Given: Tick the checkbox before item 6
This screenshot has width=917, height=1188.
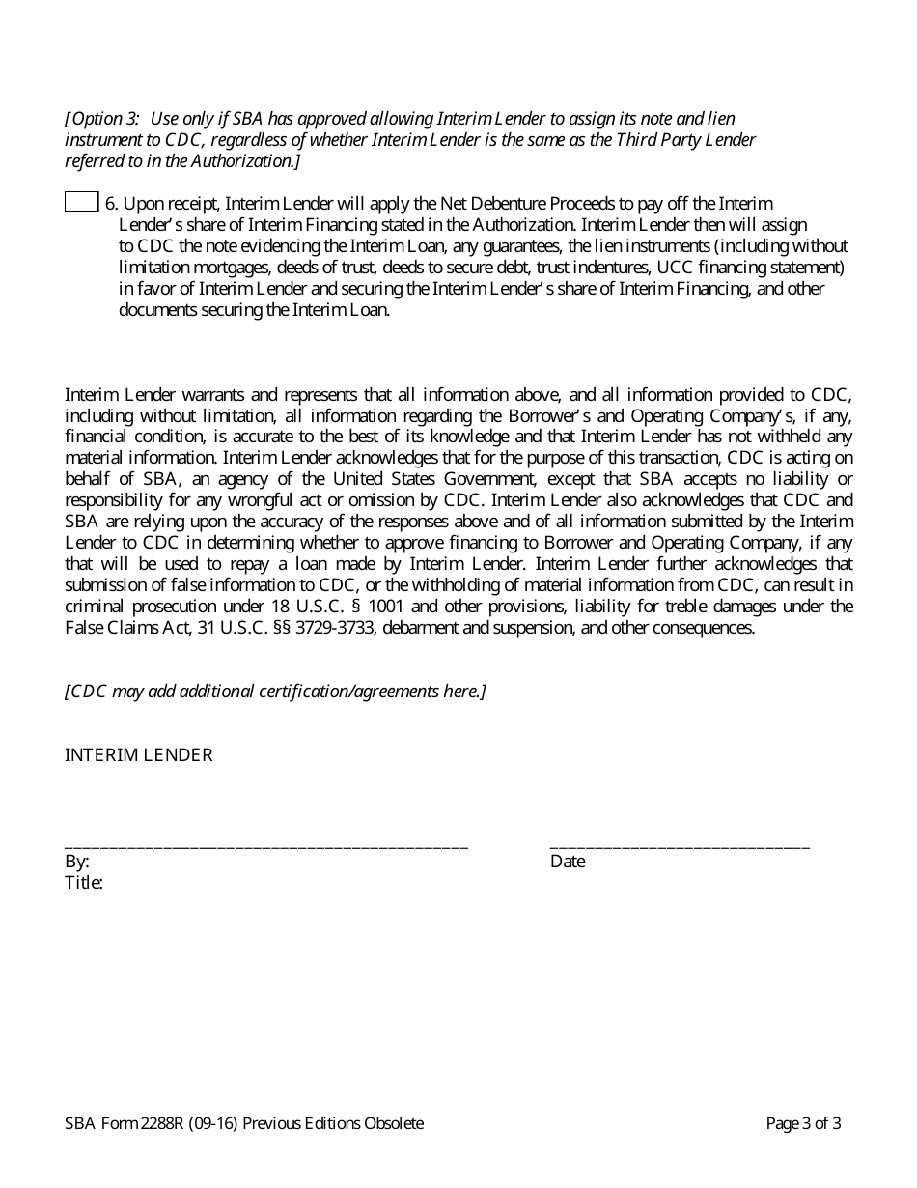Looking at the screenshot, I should tap(81, 202).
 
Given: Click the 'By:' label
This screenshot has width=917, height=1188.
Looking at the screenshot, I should tap(77, 862).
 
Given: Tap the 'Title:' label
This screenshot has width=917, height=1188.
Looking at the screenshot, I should tap(84, 882).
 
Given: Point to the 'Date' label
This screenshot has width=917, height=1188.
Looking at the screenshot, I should tap(568, 862).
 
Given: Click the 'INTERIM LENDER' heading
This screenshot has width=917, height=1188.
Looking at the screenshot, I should tap(139, 755).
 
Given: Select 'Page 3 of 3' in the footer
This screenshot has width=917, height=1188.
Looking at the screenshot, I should tap(803, 1123).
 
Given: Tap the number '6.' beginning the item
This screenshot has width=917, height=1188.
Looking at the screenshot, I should tap(111, 203).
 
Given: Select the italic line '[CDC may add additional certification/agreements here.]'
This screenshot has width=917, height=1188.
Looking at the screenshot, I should tap(275, 692).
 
